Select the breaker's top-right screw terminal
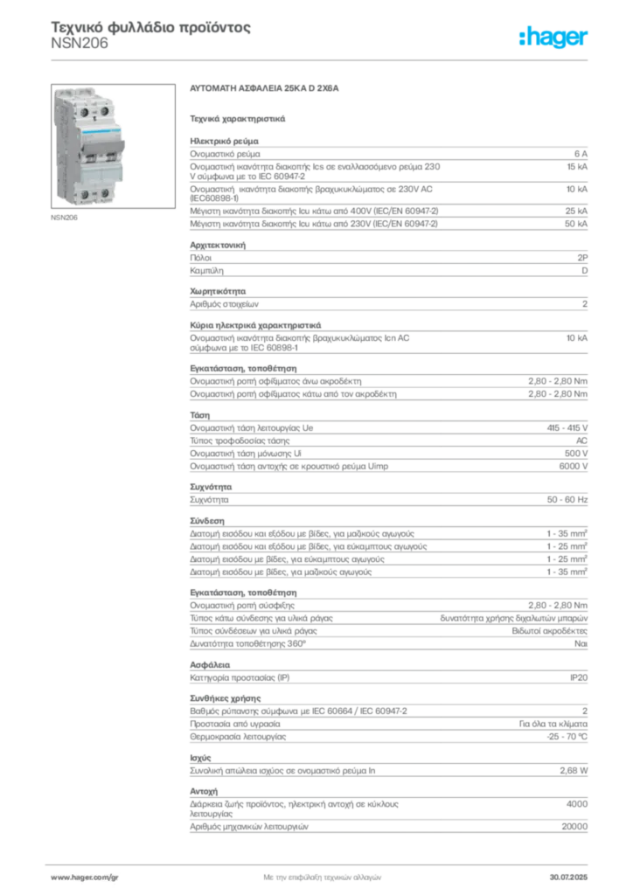[x=103, y=111]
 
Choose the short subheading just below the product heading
[x=239, y=116]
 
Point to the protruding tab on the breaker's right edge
[x=128, y=140]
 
